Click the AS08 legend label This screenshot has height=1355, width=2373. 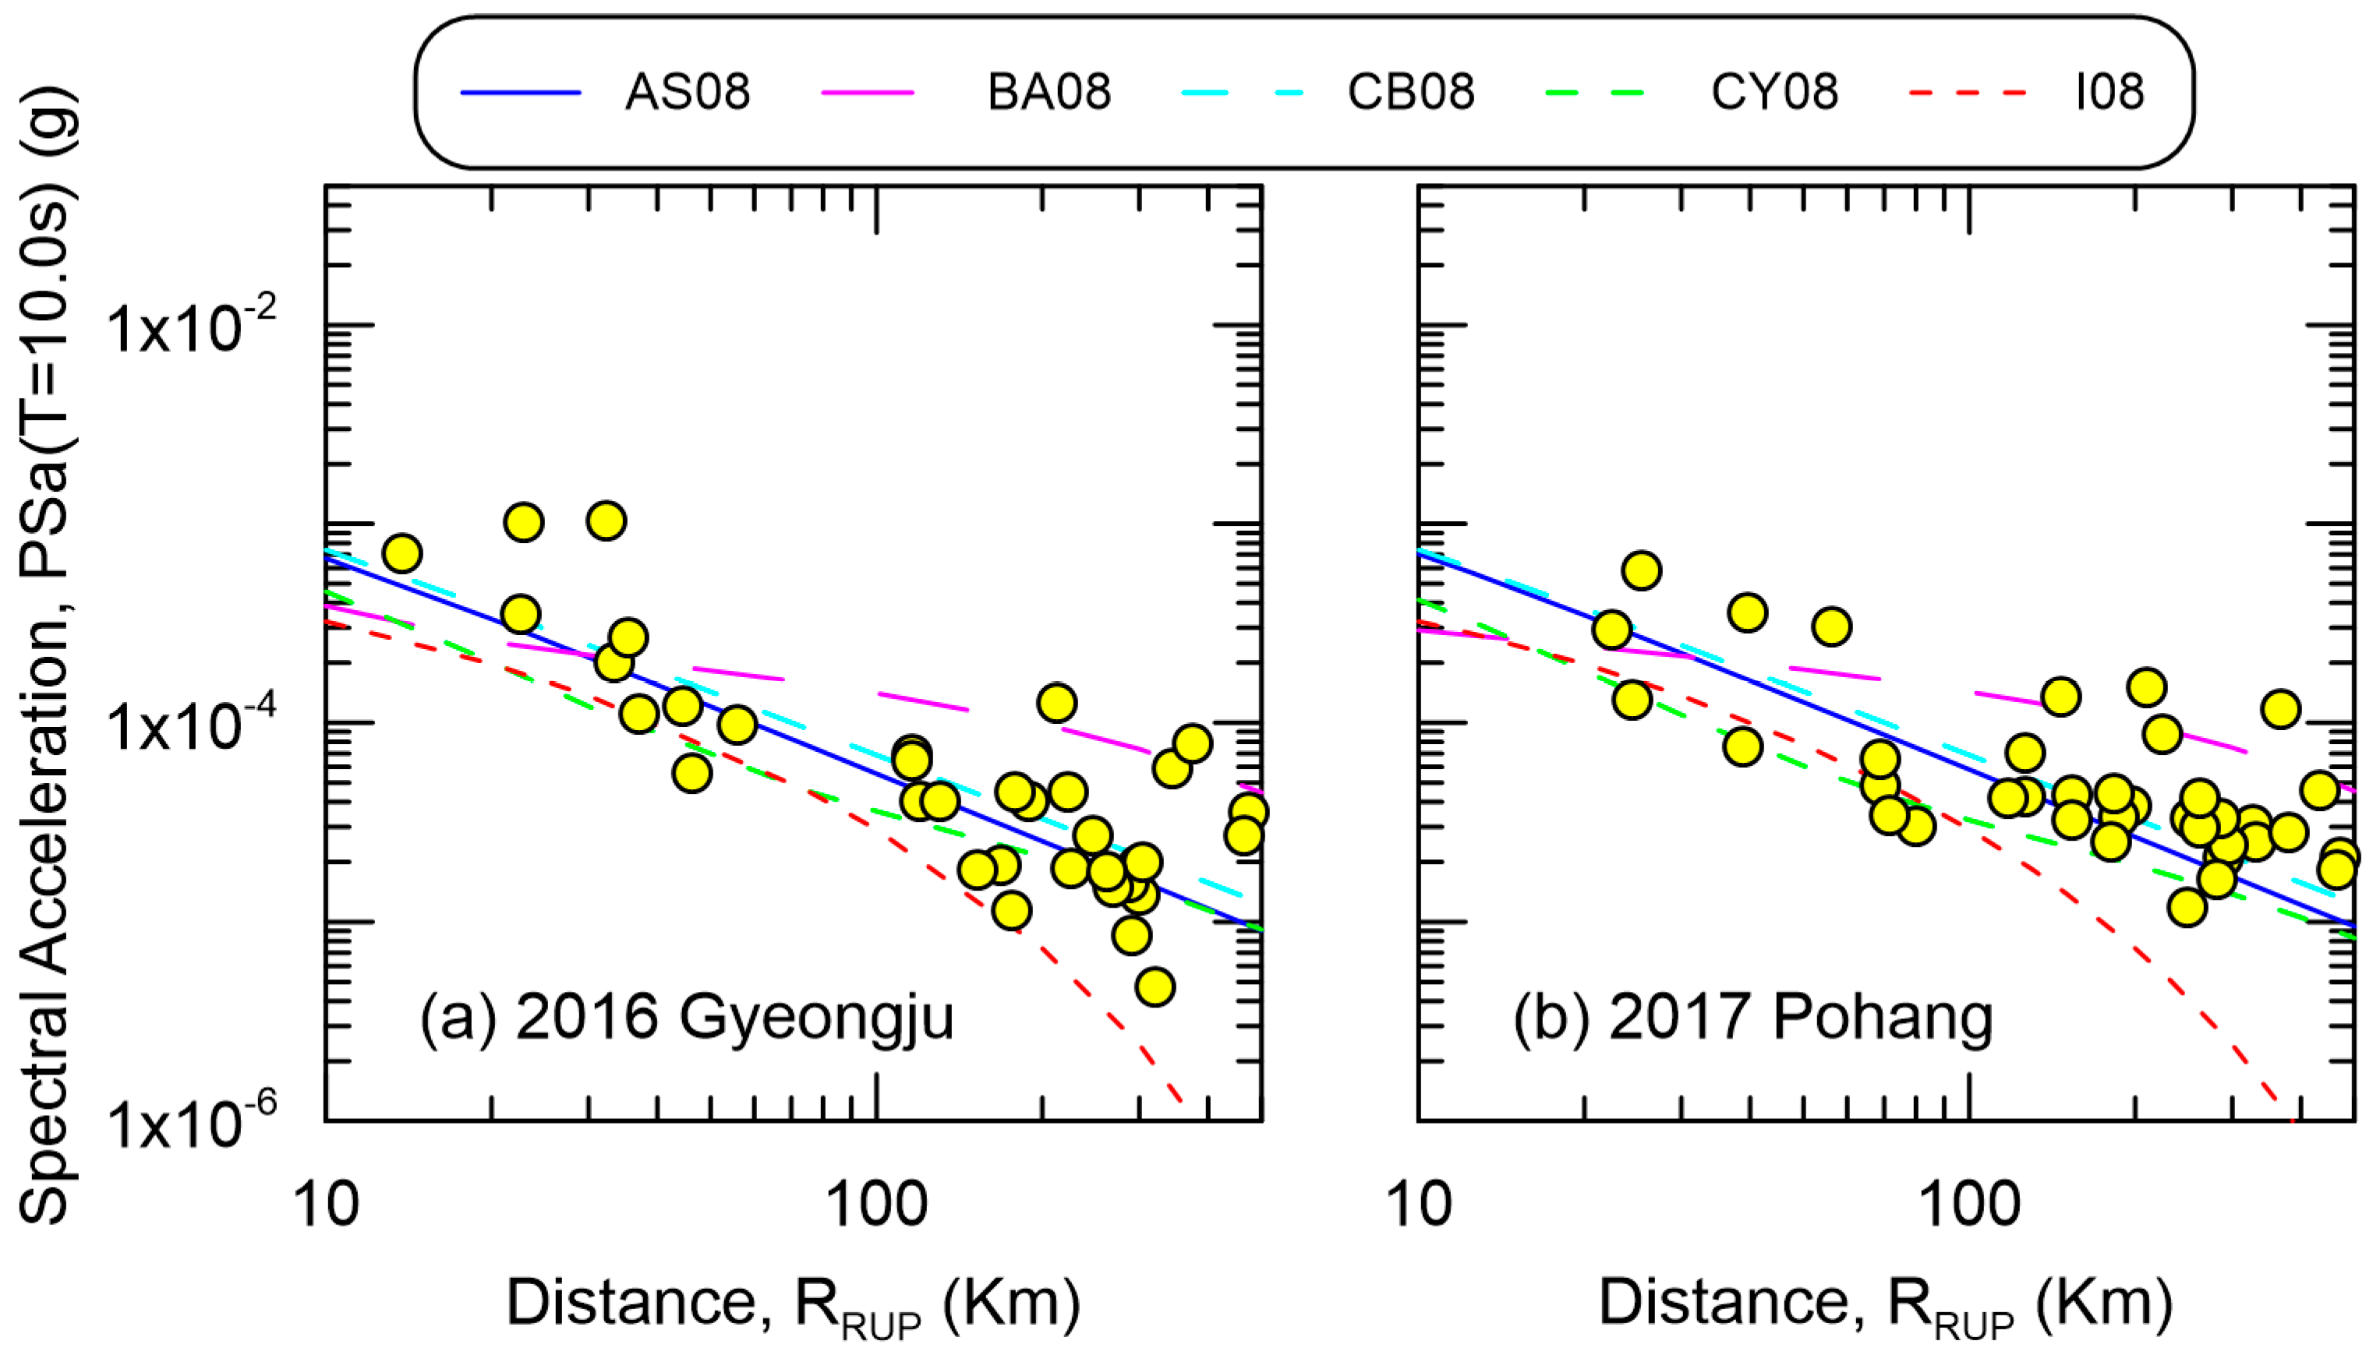687,92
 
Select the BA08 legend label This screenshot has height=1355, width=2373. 1049,92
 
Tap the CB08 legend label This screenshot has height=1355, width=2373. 1410,92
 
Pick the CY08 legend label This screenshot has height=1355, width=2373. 1774,92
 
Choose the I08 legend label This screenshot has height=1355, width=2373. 2110,92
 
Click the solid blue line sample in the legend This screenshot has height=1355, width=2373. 521,92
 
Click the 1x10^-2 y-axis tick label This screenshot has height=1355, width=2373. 191,327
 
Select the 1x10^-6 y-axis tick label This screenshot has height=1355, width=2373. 191,1122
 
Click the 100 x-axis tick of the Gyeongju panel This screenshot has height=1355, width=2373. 876,1205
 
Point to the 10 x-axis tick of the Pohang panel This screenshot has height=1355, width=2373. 1418,1205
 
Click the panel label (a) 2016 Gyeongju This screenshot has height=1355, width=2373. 686,1016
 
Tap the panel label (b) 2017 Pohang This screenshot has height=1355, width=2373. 1751,1016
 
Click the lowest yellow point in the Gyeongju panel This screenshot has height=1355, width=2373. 1155,986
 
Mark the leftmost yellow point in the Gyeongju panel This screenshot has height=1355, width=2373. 401,554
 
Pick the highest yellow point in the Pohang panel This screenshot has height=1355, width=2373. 1641,570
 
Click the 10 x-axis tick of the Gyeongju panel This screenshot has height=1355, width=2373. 326,1205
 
